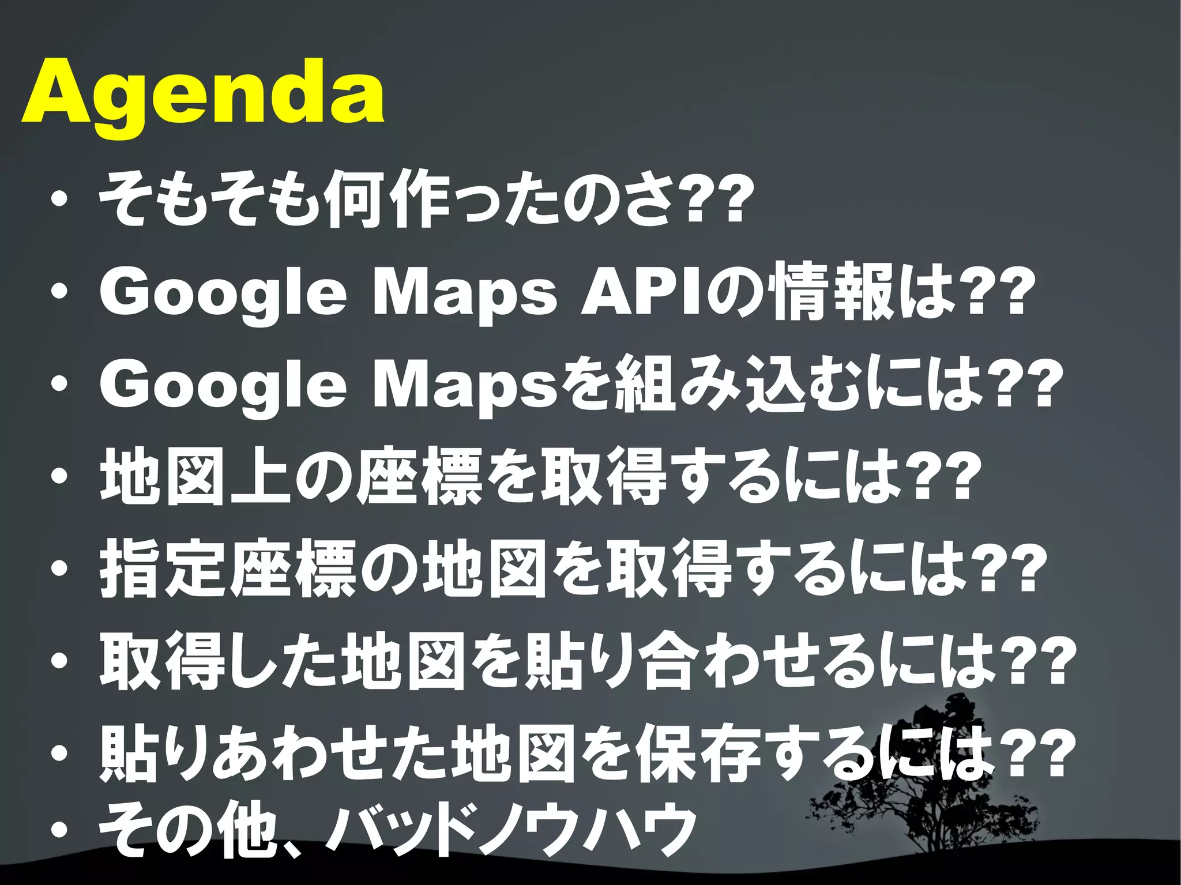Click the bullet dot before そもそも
coord(59,202)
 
